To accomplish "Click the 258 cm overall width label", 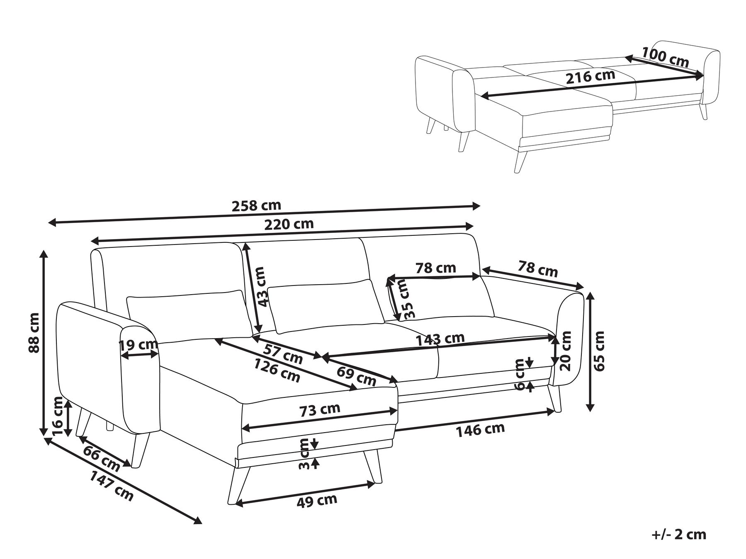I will pyautogui.click(x=256, y=206).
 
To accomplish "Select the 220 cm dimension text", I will pyautogui.click(x=289, y=224).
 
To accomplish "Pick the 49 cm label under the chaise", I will pyautogui.click(x=317, y=501).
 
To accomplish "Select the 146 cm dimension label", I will pyautogui.click(x=480, y=430).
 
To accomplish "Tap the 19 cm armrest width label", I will pyautogui.click(x=138, y=344).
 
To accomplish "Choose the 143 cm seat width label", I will pyautogui.click(x=440, y=339).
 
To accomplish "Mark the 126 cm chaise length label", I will pyautogui.click(x=277, y=370).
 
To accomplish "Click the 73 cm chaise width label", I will pyautogui.click(x=319, y=410).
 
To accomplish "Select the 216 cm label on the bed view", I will pyautogui.click(x=590, y=77).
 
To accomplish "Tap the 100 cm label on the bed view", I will pyautogui.click(x=665, y=58).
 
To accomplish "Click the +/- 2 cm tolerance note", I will pyautogui.click(x=678, y=535).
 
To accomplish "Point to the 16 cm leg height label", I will pyautogui.click(x=58, y=415).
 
